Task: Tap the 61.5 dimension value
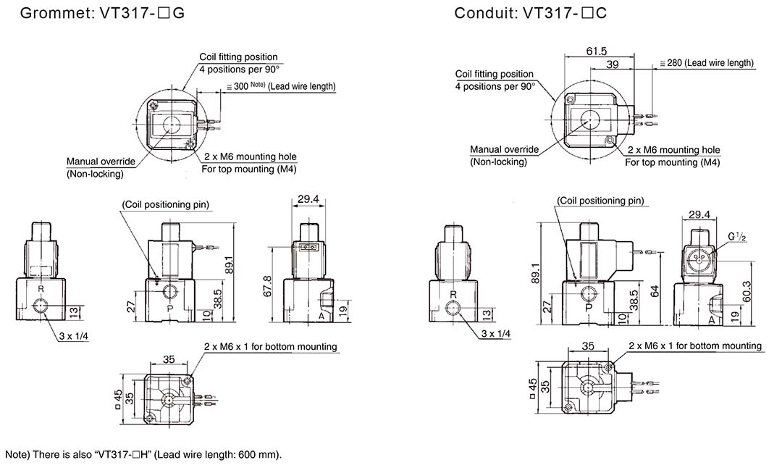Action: pyautogui.click(x=597, y=51)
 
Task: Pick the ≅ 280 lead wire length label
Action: pyautogui.click(x=707, y=63)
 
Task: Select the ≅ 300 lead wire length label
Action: pyautogui.click(x=282, y=86)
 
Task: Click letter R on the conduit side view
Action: pyautogui.click(x=453, y=295)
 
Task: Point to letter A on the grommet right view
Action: pyautogui.click(x=319, y=317)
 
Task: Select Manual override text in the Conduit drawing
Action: pyautogui.click(x=504, y=150)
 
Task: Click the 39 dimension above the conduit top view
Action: pyautogui.click(x=613, y=65)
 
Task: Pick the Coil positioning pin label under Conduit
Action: pyautogui.click(x=600, y=201)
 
